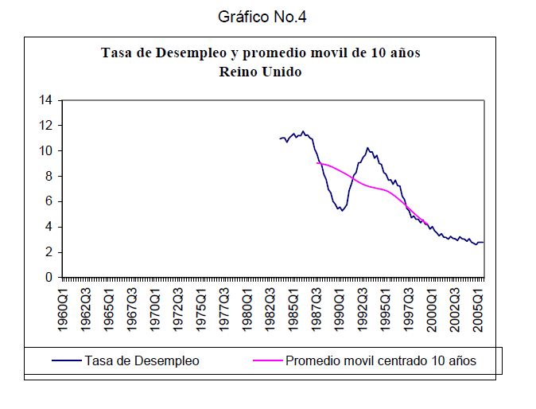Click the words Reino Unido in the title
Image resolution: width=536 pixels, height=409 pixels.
point(260,71)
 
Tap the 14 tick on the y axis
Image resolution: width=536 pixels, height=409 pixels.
point(46,100)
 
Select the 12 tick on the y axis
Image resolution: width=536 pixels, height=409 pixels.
point(46,126)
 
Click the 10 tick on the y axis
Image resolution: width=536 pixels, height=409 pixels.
point(46,151)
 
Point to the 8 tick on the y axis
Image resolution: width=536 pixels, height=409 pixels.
point(49,176)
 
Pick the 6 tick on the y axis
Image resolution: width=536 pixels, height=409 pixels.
point(49,201)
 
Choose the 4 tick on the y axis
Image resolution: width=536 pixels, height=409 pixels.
point(49,227)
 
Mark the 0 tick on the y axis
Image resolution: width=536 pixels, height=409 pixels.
point(49,278)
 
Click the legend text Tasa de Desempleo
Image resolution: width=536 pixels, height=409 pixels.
point(142,360)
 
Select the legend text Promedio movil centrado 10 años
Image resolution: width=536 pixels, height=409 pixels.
point(381,360)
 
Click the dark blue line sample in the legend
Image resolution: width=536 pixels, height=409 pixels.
point(67,360)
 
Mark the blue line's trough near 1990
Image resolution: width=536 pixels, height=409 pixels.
point(340,210)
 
